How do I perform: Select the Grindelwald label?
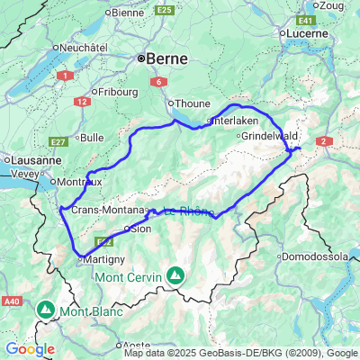265,136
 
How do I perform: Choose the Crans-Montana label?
101,210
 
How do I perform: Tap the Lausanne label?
31,159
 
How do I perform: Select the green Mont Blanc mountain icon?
46,310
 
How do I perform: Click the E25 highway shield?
164,10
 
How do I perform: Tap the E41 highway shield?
308,18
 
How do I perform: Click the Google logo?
29,348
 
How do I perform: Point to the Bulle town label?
92,138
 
